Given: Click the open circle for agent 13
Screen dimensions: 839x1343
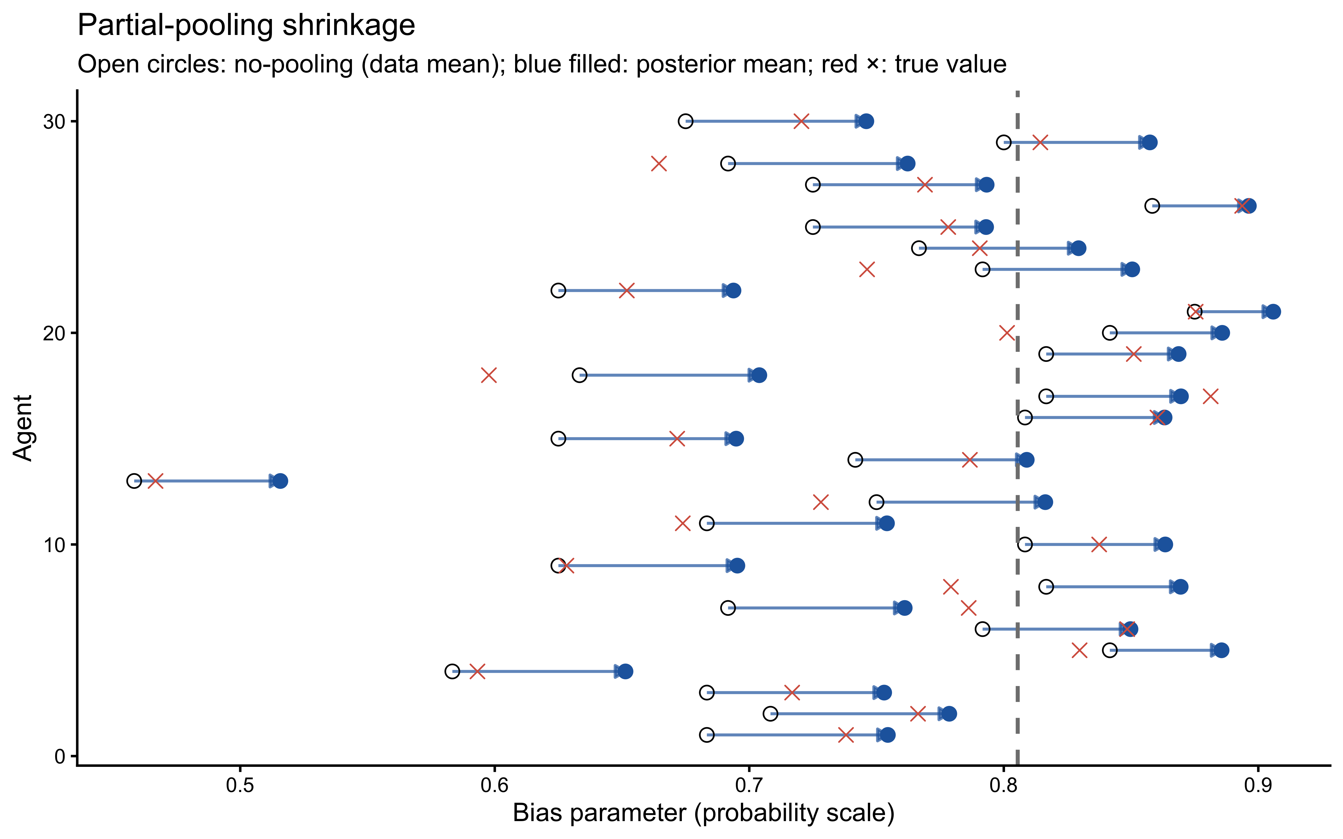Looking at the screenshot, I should (x=134, y=480).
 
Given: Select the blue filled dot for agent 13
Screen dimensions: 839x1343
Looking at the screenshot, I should (x=280, y=480).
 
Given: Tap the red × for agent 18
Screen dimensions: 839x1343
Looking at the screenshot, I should (x=488, y=375).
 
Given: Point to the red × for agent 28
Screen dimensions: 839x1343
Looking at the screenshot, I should (x=658, y=164).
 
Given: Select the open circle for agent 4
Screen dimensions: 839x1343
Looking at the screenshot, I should (x=452, y=671).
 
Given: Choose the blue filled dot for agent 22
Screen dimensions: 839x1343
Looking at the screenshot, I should (x=733, y=290).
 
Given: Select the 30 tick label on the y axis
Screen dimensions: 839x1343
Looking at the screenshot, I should (x=54, y=122).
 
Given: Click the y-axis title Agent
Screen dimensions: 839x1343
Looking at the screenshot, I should (x=23, y=428).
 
